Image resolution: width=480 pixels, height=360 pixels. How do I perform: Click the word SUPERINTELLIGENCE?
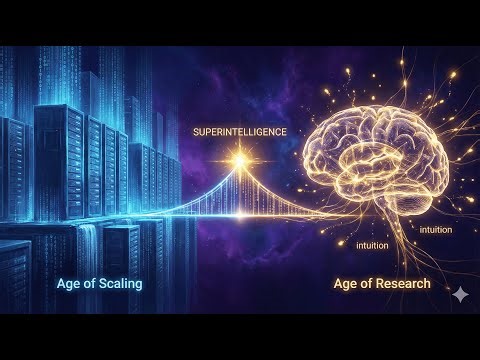(x=239, y=132)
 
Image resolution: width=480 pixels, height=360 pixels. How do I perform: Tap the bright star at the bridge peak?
(x=240, y=160)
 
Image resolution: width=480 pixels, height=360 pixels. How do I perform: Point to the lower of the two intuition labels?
(x=374, y=244)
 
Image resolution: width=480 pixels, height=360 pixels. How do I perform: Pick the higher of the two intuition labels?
(x=435, y=230)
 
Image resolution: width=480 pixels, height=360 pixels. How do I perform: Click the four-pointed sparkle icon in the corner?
(x=459, y=295)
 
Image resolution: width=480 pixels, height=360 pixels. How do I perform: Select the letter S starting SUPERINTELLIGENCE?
(x=197, y=132)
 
